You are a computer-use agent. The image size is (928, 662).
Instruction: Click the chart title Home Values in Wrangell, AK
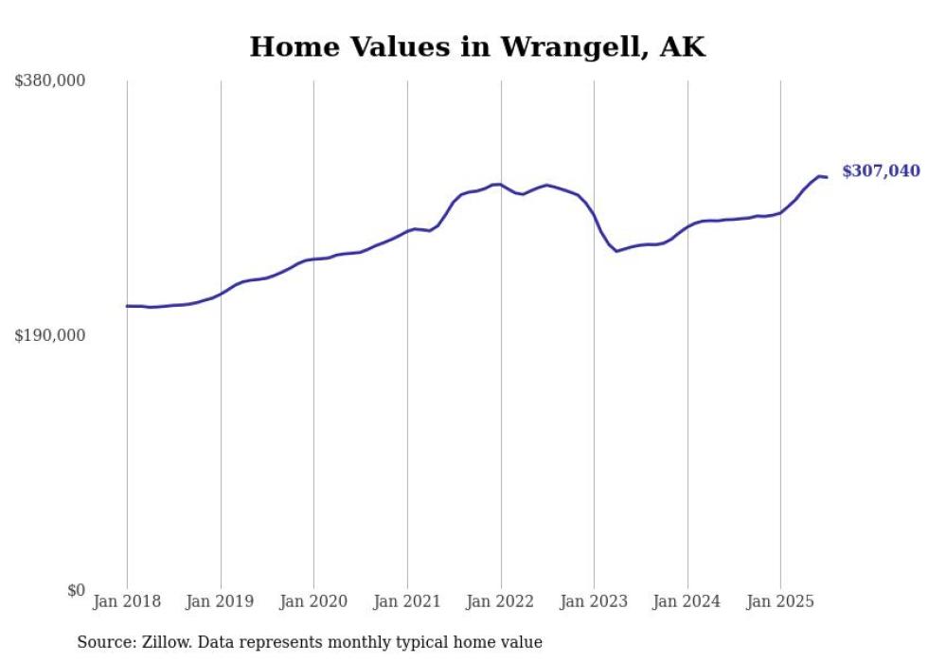477,47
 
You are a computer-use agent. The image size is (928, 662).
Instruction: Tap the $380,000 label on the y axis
50,81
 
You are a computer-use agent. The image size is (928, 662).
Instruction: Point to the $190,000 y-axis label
50,335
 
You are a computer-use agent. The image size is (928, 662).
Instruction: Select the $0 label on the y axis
76,590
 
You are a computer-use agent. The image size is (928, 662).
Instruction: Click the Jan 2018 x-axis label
127,601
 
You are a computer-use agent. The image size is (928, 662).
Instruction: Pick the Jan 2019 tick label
221,601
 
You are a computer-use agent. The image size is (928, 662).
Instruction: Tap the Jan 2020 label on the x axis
313,601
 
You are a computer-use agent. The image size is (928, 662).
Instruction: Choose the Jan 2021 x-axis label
407,601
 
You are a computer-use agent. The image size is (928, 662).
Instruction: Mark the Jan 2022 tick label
501,601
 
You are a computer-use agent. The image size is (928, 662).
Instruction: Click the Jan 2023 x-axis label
594,601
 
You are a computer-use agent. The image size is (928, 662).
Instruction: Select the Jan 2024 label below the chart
687,601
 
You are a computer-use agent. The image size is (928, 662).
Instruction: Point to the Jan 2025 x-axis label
780,601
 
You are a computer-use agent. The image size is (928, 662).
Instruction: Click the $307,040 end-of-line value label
881,171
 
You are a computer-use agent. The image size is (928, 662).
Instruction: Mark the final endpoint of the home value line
827,177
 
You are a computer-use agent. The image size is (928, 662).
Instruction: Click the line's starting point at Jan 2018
127,306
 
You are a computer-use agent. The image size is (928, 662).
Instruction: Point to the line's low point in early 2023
616,251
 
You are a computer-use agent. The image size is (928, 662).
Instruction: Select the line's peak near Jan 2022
496,184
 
